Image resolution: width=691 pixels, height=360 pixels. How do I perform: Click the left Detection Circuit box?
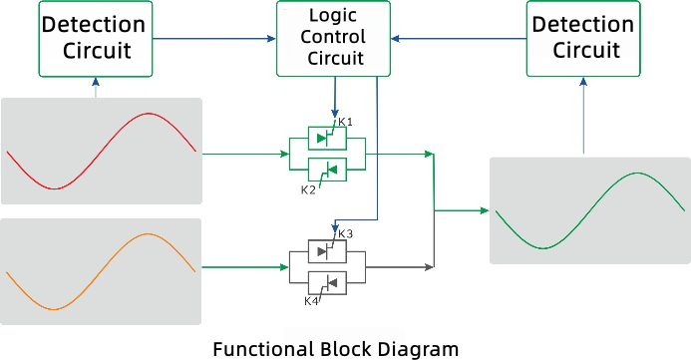point(96,39)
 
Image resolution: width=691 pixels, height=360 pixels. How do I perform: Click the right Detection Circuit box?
point(581,39)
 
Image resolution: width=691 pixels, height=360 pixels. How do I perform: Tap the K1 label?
point(345,122)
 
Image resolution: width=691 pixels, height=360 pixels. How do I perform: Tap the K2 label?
point(308,187)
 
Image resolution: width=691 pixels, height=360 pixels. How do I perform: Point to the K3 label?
point(346,234)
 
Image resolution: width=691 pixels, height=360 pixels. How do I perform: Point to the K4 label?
point(311,300)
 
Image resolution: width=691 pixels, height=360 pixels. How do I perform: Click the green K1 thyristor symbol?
point(326,139)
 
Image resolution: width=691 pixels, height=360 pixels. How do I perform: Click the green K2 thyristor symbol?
point(326,170)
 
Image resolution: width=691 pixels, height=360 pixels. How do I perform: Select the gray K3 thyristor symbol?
point(326,251)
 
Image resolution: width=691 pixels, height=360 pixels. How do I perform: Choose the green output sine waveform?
point(589,210)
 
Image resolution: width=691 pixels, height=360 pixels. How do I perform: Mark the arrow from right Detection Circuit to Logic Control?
point(458,39)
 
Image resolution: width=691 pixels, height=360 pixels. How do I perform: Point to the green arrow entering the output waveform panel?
point(464,210)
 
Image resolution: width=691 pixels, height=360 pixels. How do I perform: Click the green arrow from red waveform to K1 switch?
point(244,155)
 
